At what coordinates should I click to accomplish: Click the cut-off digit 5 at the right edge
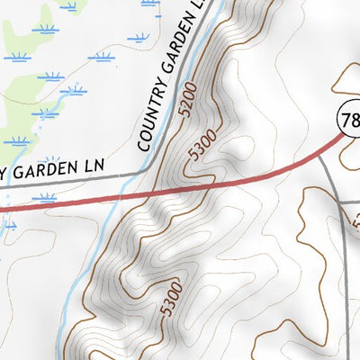[356, 220]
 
